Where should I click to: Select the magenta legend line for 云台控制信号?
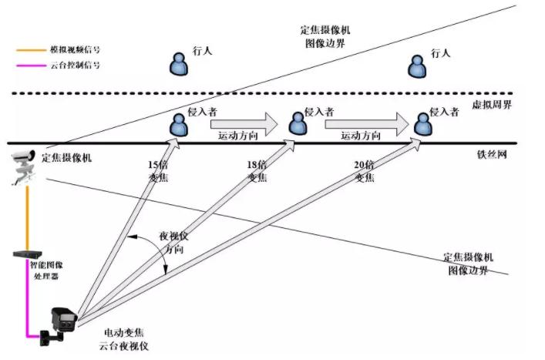(x=32, y=66)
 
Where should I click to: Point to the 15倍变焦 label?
(x=158, y=171)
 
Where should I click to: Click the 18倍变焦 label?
(x=257, y=171)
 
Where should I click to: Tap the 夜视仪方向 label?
(x=173, y=242)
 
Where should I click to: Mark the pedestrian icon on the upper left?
(x=179, y=65)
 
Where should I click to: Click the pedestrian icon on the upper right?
(x=416, y=65)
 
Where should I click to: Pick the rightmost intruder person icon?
(x=422, y=123)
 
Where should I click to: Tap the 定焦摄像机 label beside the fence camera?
(x=67, y=158)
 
